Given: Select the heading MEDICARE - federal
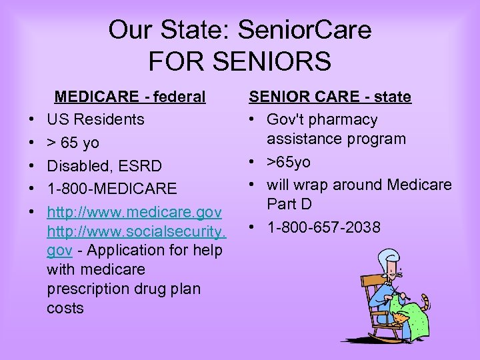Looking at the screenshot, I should click(x=129, y=97).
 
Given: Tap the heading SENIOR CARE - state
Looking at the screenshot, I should click(x=330, y=97).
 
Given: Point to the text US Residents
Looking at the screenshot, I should click(x=95, y=119).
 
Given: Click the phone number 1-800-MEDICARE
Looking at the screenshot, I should click(x=112, y=189).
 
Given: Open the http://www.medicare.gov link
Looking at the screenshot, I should click(x=134, y=212).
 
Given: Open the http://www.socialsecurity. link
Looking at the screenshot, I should click(x=137, y=231).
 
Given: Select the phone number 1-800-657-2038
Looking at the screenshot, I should click(x=323, y=227).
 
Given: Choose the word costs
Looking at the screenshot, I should click(x=65, y=308).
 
